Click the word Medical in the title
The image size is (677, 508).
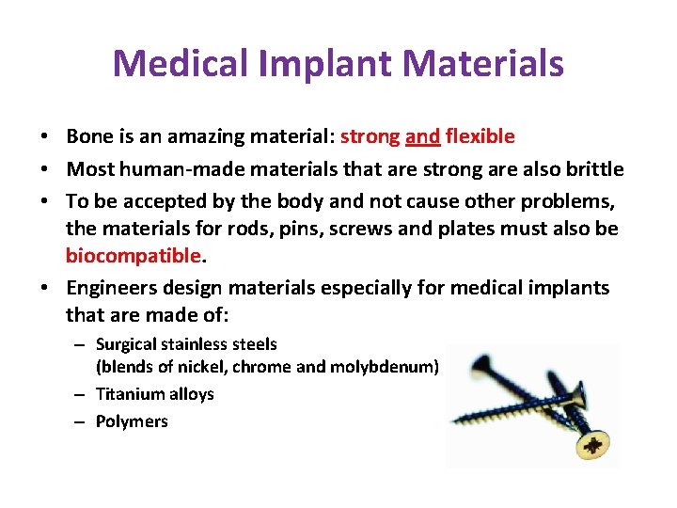pos(173,64)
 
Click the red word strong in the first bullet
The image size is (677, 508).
pos(370,136)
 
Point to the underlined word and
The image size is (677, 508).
pos(422,136)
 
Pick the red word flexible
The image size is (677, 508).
pos(480,136)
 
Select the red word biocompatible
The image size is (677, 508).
pos(133,256)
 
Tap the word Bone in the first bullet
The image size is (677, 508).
pos(87,136)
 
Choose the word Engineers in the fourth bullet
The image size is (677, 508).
pos(107,288)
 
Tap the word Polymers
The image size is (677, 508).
pos(132,421)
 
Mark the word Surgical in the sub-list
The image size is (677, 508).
pos(127,344)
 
